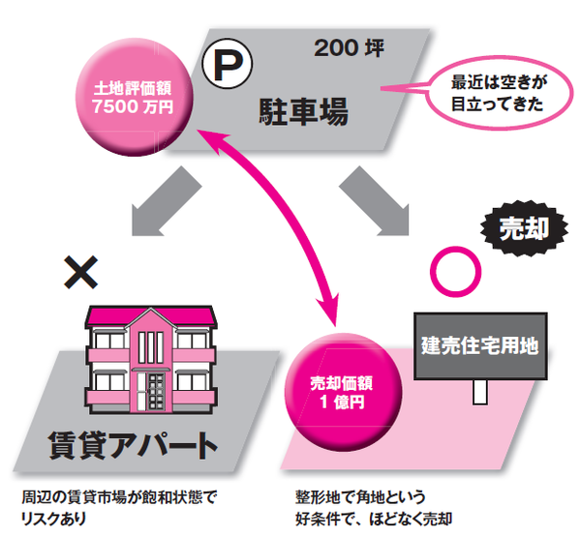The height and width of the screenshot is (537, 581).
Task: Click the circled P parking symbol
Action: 225,65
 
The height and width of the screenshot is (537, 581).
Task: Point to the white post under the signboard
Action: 478,391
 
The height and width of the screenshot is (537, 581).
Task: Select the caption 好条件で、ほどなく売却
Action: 374,518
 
